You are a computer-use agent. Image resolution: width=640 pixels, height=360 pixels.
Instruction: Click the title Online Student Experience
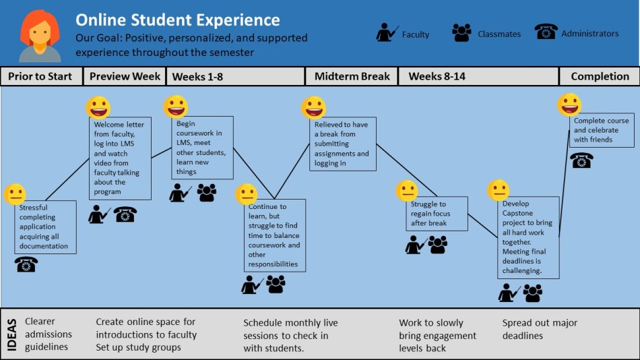point(177,20)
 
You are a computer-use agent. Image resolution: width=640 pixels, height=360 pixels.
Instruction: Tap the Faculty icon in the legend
point(387,33)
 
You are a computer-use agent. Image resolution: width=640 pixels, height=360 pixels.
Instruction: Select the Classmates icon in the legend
point(461,33)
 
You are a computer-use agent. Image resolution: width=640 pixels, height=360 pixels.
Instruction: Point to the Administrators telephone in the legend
point(546,32)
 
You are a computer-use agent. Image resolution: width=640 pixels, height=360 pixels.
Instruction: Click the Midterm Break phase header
point(352,76)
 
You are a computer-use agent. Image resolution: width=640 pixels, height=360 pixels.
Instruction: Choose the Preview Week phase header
point(125,76)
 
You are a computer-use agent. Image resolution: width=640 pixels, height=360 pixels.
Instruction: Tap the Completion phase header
point(600,76)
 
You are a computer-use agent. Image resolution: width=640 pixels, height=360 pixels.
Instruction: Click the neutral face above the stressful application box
point(15,194)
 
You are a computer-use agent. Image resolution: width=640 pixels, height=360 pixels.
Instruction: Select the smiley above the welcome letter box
point(98,107)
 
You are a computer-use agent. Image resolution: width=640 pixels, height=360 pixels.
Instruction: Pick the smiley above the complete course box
point(569,104)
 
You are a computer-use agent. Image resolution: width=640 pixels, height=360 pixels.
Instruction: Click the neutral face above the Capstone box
point(498,190)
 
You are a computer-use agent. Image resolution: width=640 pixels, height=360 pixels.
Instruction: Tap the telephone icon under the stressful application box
point(26,264)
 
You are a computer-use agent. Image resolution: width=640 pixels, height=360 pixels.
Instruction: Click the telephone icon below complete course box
point(581,160)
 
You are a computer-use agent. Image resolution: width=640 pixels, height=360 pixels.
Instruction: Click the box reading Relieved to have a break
point(342,144)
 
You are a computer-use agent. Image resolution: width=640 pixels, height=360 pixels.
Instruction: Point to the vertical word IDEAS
point(12,334)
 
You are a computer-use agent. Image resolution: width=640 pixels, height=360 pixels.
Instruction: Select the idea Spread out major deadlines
point(540,329)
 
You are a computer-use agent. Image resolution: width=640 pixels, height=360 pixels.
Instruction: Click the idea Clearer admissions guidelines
point(48,334)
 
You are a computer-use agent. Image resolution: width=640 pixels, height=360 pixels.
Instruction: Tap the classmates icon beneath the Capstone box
point(533,293)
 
